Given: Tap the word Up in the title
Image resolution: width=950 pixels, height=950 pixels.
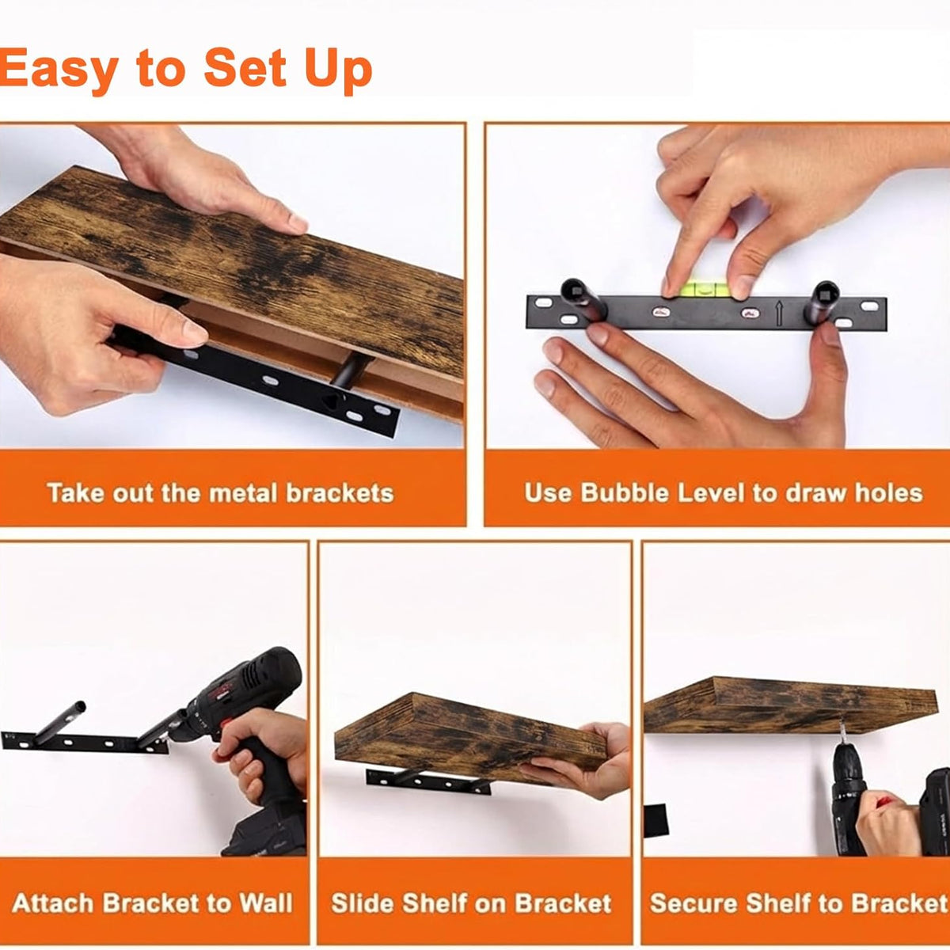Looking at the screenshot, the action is [x=338, y=71].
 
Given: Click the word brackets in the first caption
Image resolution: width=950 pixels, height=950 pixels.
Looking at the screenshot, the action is [x=340, y=492].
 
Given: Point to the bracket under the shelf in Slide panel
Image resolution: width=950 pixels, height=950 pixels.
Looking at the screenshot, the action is [x=428, y=781].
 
